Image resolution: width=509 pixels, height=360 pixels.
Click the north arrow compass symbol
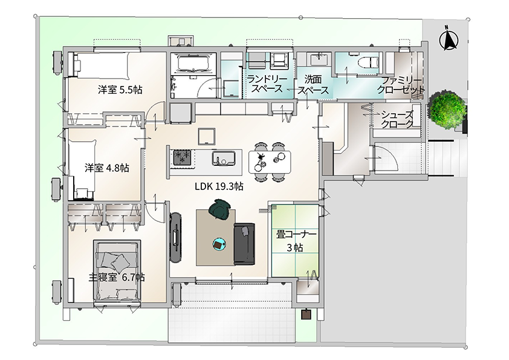point(449,39)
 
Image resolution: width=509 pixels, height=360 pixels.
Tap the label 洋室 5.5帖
point(120,90)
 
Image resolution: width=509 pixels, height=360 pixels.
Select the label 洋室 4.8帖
point(107,168)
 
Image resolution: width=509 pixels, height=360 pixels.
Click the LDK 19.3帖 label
point(219,186)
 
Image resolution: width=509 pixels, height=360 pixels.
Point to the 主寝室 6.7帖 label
point(117,278)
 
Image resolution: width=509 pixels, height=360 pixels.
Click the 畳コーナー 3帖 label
point(296,241)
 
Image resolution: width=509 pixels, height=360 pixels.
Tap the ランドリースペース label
point(267,84)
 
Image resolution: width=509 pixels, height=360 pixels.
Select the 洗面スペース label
point(313,85)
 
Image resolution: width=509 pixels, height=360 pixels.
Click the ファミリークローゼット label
point(401,85)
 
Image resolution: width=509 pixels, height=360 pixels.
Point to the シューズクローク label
point(397,119)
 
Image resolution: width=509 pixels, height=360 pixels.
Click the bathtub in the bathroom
point(193,63)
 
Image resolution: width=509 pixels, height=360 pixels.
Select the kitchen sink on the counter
point(224,159)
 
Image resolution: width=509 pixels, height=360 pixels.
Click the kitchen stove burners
point(182,158)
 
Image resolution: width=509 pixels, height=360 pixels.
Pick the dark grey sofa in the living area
point(244,243)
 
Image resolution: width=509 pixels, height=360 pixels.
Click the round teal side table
point(219,244)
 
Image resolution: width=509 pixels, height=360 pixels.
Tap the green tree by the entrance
point(447,110)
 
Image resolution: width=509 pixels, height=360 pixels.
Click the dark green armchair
point(220,209)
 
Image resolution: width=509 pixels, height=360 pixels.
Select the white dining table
point(270,162)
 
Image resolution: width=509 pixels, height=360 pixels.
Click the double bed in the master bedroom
point(117,272)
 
